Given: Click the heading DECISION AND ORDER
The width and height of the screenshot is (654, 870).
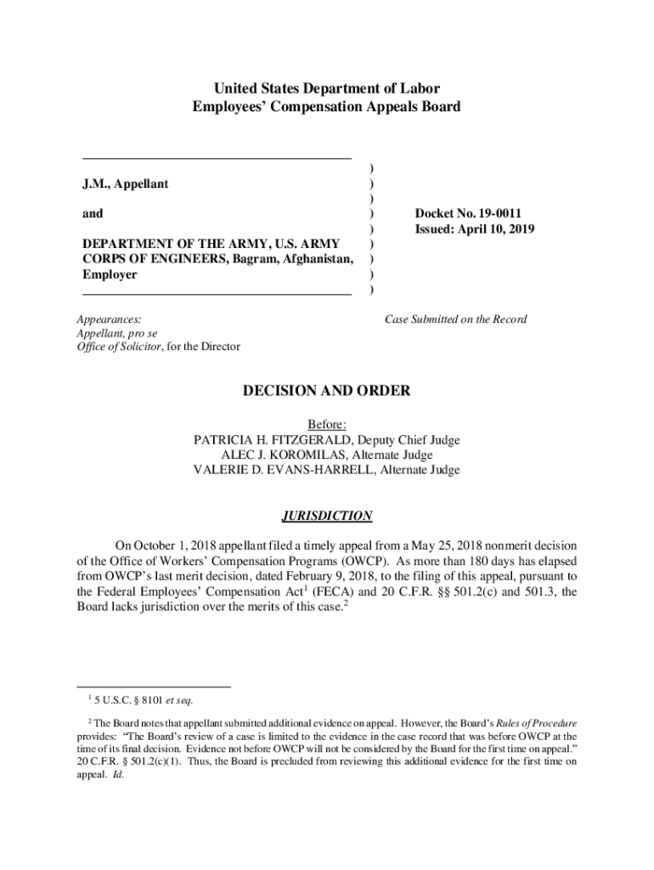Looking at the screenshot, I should tap(327, 391).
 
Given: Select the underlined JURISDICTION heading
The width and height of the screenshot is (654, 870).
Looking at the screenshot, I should tap(327, 516).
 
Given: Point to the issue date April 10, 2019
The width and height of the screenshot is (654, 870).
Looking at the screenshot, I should tap(501, 229).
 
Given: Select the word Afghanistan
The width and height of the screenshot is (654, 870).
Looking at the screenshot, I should tap(311, 259).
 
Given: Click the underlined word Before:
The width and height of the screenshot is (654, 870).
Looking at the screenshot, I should tap(327, 425).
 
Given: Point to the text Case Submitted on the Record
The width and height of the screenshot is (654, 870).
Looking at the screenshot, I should tap(455, 319).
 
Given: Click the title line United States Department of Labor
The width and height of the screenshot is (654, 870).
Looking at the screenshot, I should tap(327, 88).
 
